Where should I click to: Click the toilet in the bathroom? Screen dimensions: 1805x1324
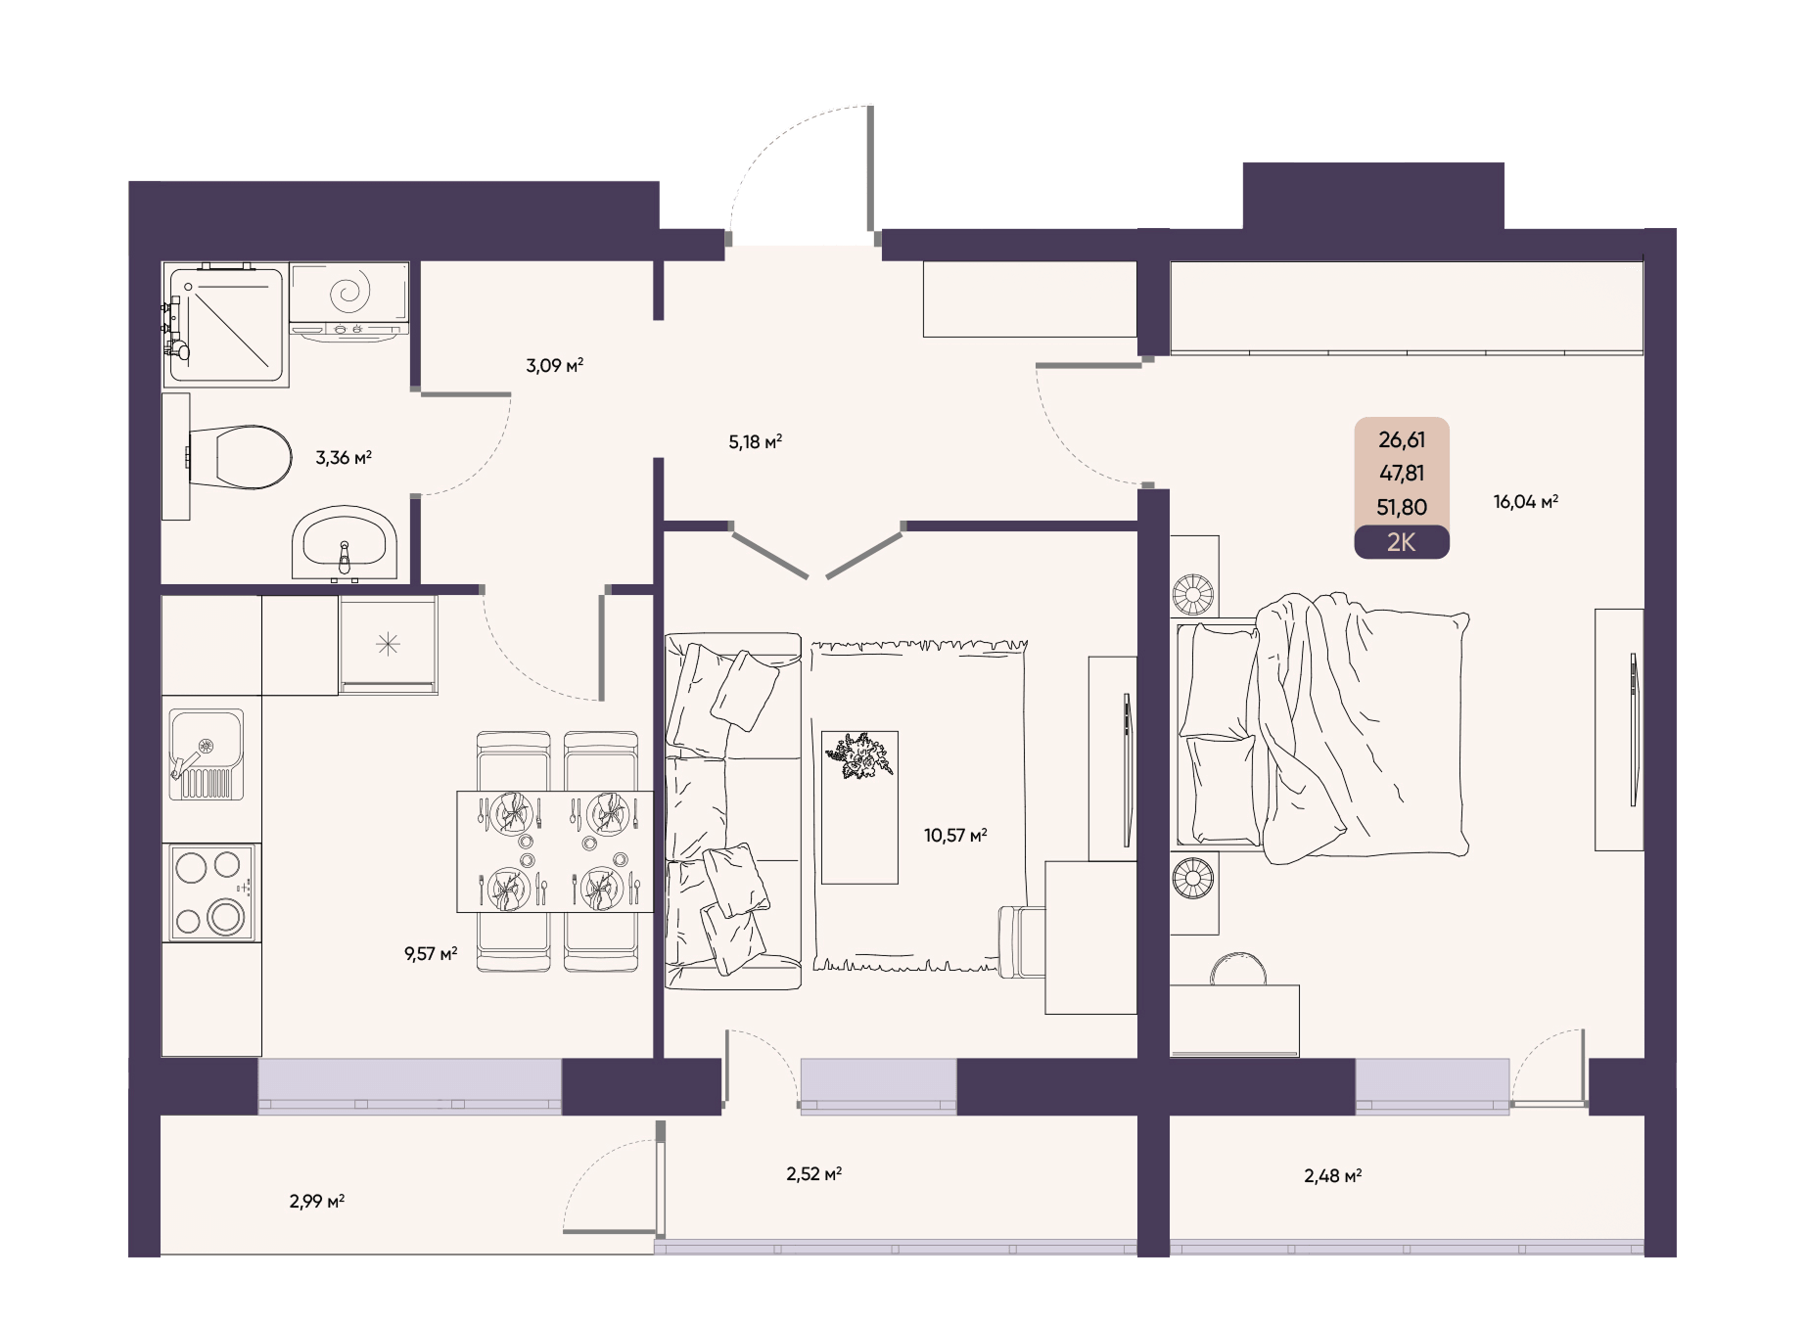[x=240, y=457]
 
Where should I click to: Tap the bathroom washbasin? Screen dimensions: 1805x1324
[x=345, y=542]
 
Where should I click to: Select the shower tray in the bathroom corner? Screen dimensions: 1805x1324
[x=225, y=324]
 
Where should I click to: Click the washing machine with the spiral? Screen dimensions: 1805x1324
[x=349, y=301]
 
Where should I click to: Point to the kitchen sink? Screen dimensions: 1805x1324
[x=206, y=754]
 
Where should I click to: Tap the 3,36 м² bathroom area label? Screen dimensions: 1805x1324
[x=344, y=457]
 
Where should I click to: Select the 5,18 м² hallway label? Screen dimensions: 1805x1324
[x=755, y=441]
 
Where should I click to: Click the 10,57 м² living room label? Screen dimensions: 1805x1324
[x=955, y=835]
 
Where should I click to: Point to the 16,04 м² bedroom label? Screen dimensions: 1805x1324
[x=1525, y=502]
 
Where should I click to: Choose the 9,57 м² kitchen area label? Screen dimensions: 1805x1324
[x=431, y=953]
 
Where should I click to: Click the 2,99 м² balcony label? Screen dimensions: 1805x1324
[x=316, y=1201]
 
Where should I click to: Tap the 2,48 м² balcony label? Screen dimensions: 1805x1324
[x=1332, y=1175]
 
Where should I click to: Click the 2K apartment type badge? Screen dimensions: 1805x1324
[x=1402, y=542]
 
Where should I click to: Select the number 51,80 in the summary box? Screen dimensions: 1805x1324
[x=1402, y=507]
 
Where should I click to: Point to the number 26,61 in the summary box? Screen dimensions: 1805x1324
[x=1402, y=439]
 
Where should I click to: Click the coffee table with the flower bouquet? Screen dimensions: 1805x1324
[x=859, y=807]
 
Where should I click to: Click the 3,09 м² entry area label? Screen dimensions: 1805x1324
[x=554, y=366]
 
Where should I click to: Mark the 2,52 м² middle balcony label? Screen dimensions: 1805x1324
[x=813, y=1173]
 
